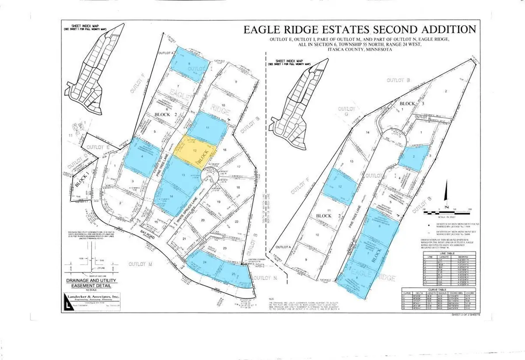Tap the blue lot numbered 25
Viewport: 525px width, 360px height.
pos(235,275)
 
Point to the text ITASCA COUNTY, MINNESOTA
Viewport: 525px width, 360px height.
pos(358,50)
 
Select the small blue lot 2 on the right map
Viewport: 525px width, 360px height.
pos(413,158)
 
